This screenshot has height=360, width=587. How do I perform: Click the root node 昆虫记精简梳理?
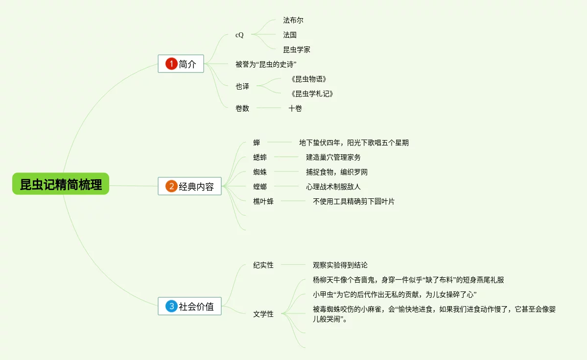coord(61,184)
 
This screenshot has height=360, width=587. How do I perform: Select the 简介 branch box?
coord(181,64)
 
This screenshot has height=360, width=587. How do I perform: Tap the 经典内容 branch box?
coord(189,186)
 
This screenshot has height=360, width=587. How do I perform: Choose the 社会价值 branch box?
coord(189,307)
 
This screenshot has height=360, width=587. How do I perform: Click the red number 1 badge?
coord(171,64)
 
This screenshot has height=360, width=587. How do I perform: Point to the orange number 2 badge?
coord(171,186)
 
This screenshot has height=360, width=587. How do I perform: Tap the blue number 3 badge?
coord(171,307)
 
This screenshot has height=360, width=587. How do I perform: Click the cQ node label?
coord(239,35)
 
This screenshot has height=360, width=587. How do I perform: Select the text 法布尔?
coord(293,20)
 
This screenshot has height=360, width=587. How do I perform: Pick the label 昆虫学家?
coord(296,49)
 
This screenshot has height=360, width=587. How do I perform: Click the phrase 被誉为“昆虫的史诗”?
coord(266,64)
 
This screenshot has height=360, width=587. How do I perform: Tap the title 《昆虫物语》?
coord(308,79)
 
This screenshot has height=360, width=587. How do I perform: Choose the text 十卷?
coord(295,108)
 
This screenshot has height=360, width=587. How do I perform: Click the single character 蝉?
coord(257,143)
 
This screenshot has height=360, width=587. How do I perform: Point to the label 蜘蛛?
coord(260,172)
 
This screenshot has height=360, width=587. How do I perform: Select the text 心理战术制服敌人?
coord(333,187)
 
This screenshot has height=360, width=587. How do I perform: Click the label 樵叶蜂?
coord(263,201)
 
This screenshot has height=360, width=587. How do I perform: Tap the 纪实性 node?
coord(263,265)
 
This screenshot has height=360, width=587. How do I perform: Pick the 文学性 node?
coord(263,314)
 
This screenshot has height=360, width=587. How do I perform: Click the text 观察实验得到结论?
coord(340,265)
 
